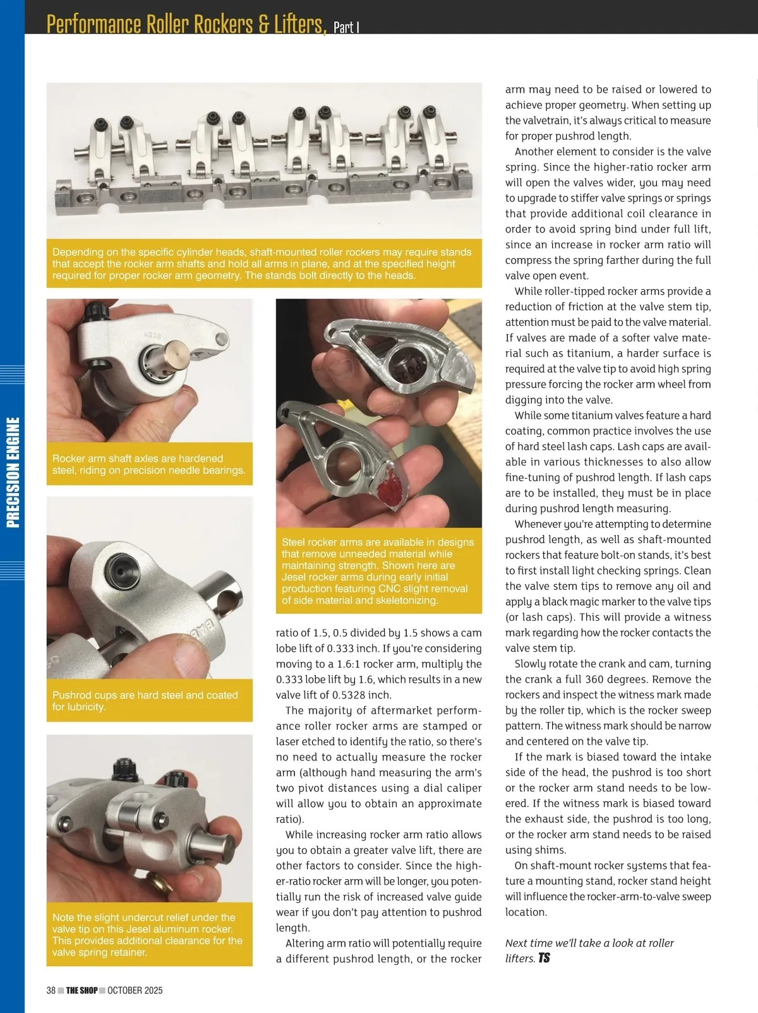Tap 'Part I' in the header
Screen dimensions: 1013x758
pos(346,27)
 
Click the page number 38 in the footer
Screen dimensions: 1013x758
pos(51,990)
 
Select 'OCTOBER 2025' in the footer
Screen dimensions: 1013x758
pos(135,990)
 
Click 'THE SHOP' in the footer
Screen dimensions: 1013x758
pos(81,990)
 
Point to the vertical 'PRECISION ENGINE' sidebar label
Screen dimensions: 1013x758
pos(13,472)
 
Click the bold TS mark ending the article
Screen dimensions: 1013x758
pos(544,958)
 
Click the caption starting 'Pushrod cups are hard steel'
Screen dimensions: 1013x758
pos(145,700)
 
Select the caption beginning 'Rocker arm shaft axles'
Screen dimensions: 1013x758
pos(149,464)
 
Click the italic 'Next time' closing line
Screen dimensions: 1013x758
pos(589,950)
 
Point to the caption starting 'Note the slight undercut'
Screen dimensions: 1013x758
pos(147,935)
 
